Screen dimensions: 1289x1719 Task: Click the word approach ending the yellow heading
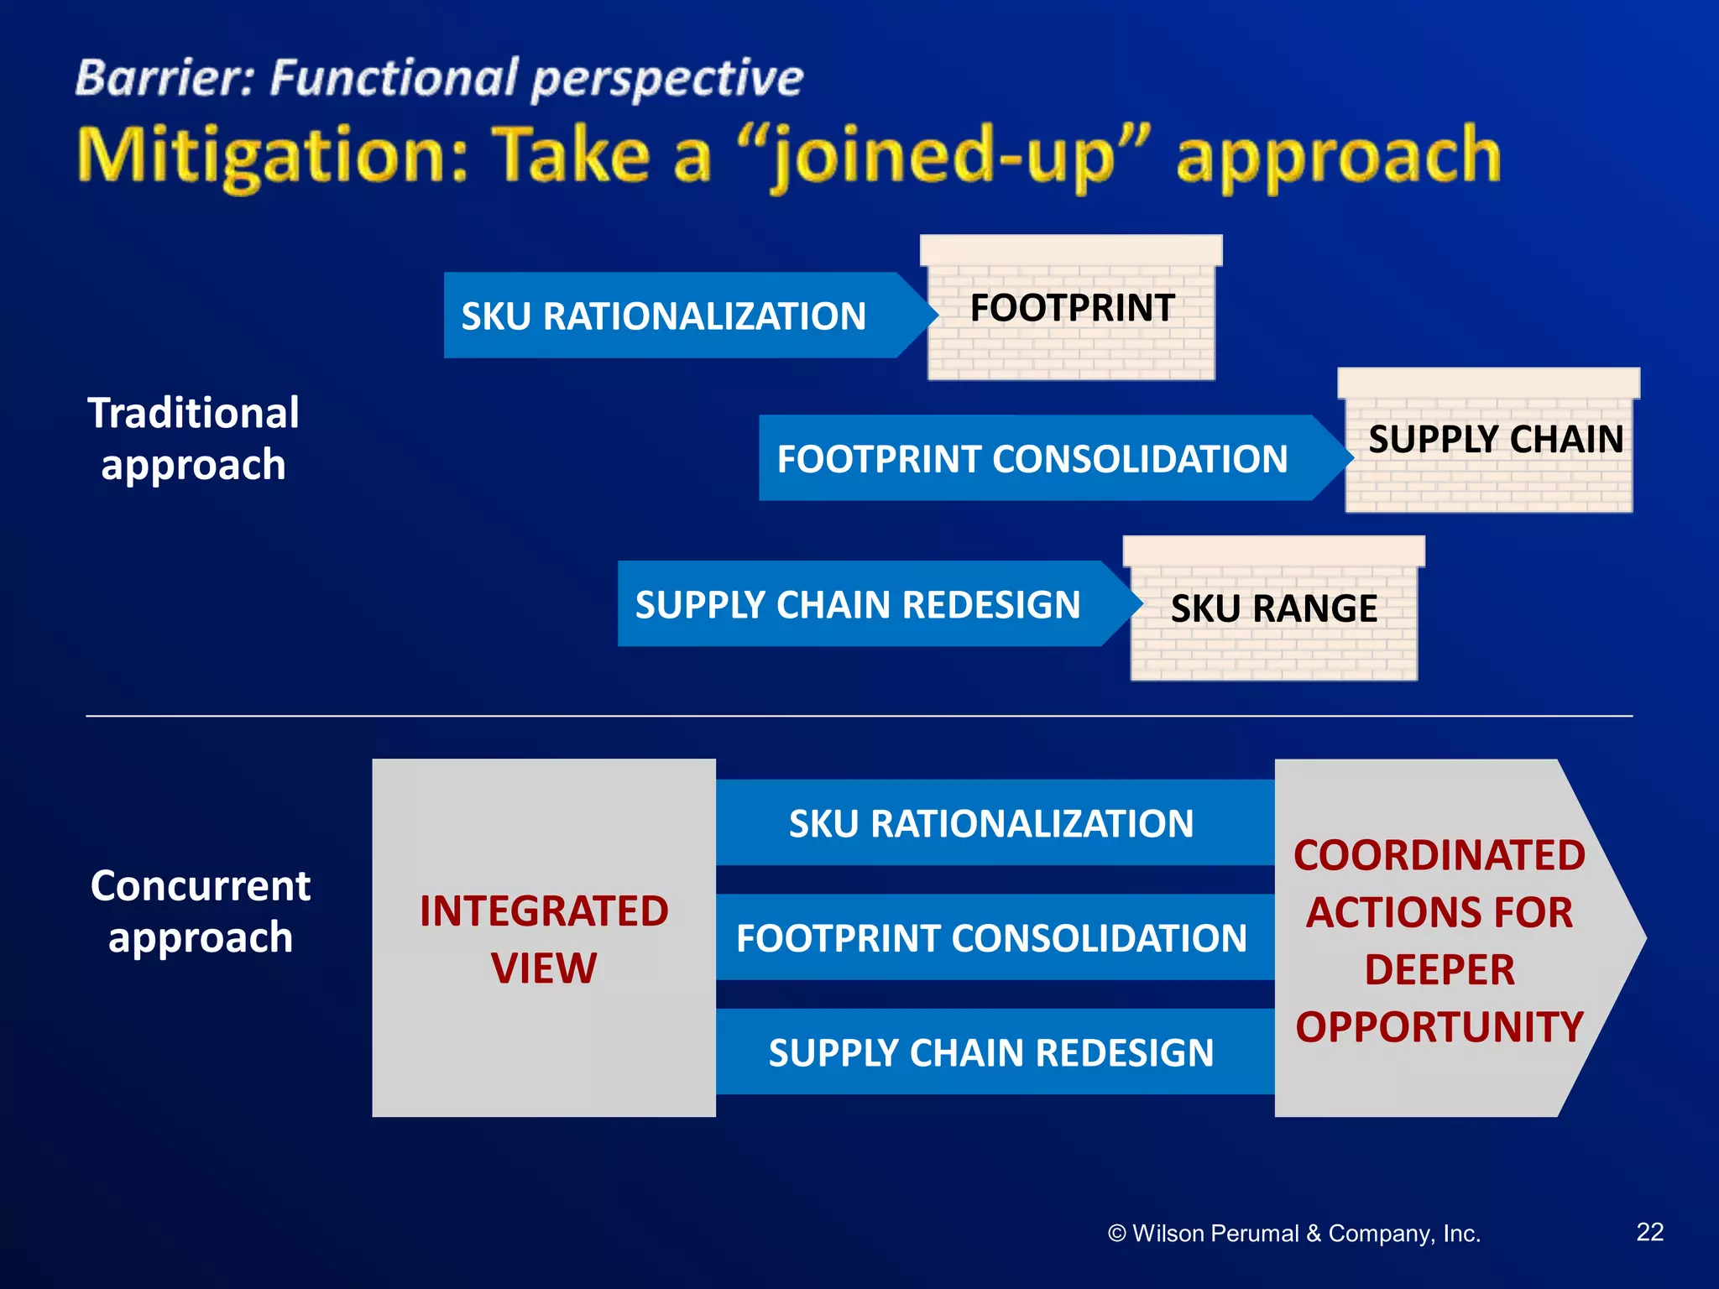pyautogui.click(x=1338, y=157)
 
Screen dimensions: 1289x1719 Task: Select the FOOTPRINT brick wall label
pyautogui.click(x=1072, y=308)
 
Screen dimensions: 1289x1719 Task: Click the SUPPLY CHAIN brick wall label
pyautogui.click(x=1495, y=440)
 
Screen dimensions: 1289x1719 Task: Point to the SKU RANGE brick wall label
pyautogui.click(x=1273, y=608)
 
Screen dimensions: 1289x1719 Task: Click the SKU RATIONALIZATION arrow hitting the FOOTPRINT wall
pyautogui.click(x=663, y=316)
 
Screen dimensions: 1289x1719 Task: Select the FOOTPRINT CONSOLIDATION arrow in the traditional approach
pyautogui.click(x=1032, y=459)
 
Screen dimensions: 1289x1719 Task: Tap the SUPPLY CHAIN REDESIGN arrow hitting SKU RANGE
pyautogui.click(x=857, y=605)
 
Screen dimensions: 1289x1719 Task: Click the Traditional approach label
pyautogui.click(x=193, y=439)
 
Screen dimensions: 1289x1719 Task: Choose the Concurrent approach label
pyautogui.click(x=200, y=911)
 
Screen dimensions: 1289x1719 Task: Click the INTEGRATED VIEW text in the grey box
pyautogui.click(x=544, y=939)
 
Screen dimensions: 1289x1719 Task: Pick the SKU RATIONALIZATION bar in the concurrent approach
pyautogui.click(x=990, y=824)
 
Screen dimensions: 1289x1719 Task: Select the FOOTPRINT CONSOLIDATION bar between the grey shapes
pyautogui.click(x=990, y=938)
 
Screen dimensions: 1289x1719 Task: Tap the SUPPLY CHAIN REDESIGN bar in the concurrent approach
pyautogui.click(x=990, y=1052)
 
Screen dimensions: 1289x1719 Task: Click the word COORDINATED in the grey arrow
pyautogui.click(x=1439, y=856)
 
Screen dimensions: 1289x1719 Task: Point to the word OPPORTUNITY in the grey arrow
pyautogui.click(x=1439, y=1027)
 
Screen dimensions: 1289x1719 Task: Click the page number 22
pyautogui.click(x=1649, y=1232)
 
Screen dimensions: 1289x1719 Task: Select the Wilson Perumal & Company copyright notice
pyautogui.click(x=1293, y=1234)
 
